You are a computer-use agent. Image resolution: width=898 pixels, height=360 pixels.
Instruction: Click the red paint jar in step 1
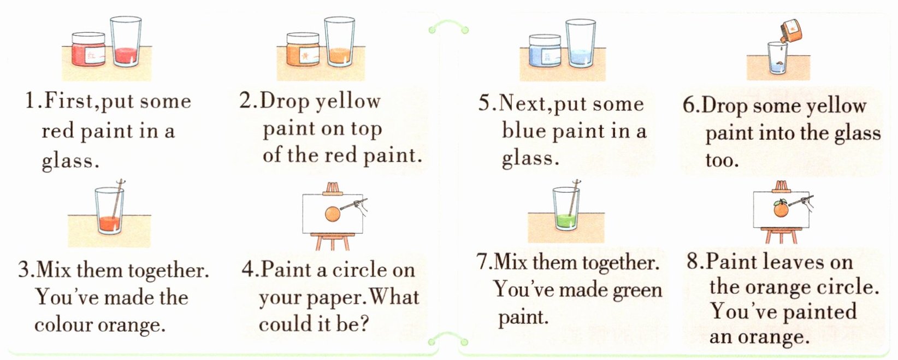(88, 49)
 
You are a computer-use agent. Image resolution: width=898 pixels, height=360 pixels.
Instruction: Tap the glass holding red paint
(126, 42)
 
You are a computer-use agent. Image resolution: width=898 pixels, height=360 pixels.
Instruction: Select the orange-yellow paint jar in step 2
(303, 49)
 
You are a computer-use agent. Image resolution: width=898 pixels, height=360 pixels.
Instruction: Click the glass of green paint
(566, 209)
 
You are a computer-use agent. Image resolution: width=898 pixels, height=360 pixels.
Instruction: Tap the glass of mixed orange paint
(109, 210)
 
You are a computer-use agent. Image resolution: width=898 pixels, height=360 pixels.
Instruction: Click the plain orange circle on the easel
(332, 214)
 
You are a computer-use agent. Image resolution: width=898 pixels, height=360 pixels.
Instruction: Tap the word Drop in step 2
(284, 102)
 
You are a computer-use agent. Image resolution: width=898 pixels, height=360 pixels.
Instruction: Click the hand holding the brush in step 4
(361, 208)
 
